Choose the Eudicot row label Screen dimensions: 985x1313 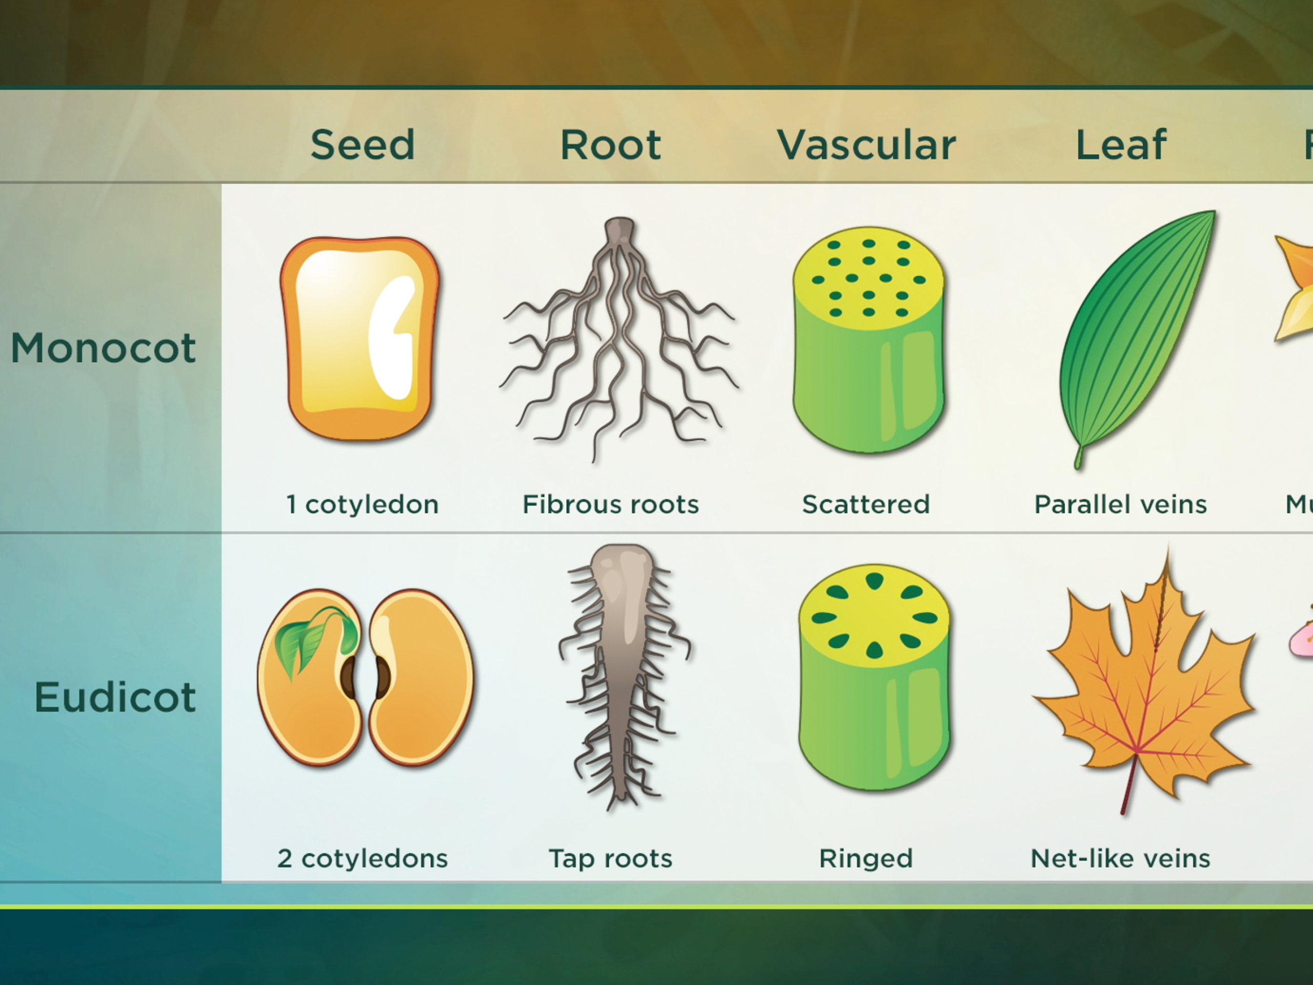(115, 697)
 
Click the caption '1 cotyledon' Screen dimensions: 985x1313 (362, 505)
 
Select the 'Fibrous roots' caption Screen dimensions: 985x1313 (610, 505)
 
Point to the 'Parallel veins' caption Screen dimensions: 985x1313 (1120, 505)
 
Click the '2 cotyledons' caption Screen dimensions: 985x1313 (362, 858)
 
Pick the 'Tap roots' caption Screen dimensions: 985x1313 (610, 858)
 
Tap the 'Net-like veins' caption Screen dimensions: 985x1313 (1120, 858)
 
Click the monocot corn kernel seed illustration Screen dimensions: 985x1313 (360, 339)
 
